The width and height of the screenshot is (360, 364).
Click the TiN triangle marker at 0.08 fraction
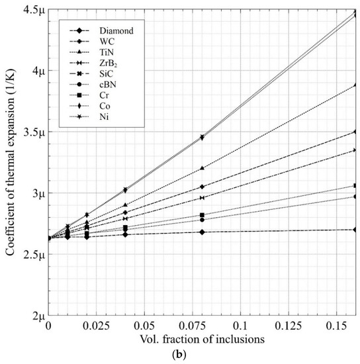point(202,167)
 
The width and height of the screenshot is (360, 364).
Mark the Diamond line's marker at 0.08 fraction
point(202,232)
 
